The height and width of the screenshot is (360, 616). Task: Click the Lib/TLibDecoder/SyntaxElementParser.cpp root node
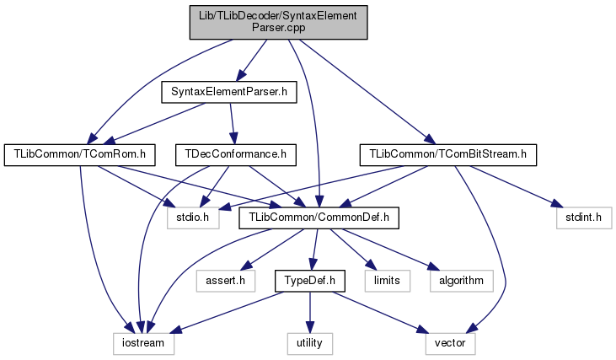[x=277, y=21]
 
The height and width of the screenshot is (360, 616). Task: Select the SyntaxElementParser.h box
[x=229, y=91]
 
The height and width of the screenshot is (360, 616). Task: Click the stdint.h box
[x=581, y=218]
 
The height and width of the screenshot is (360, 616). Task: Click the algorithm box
[x=460, y=280]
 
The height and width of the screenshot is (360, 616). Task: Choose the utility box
[x=310, y=343]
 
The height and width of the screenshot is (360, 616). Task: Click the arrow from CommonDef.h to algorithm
[x=383, y=247]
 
